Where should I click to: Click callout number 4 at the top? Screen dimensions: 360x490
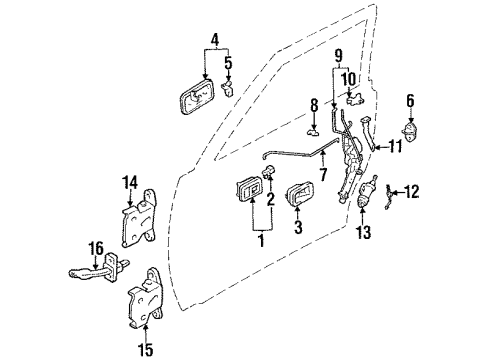tap(212, 40)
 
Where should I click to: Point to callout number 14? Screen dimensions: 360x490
tap(127, 182)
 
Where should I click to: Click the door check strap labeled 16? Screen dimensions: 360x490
tap(95, 272)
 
